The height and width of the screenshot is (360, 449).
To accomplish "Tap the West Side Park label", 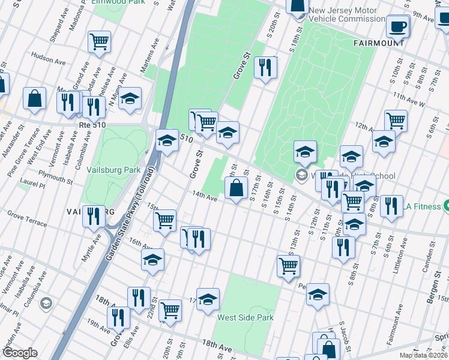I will tap(246, 317).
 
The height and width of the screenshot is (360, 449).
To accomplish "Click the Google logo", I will tap(19, 353).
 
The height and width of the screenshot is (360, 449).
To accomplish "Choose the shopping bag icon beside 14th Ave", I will tap(237, 188).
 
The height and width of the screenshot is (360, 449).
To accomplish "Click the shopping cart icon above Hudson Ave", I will tap(100, 41).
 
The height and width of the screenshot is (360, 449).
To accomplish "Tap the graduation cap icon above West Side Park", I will tap(208, 299).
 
